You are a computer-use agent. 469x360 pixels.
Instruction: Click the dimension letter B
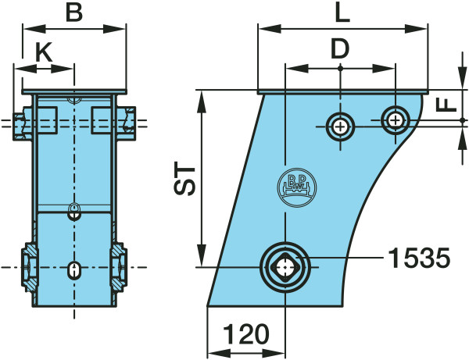pyautogui.click(x=74, y=13)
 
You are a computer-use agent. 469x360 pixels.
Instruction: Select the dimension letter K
pyautogui.click(x=44, y=52)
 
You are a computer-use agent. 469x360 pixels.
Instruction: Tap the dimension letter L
pyautogui.click(x=342, y=13)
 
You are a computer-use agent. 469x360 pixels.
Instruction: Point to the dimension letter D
pyautogui.click(x=340, y=49)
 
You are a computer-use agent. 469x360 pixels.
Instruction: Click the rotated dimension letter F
pyautogui.click(x=446, y=105)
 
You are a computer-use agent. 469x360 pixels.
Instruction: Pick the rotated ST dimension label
pyautogui.click(x=184, y=179)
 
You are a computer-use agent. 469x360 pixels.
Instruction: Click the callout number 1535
pyautogui.click(x=419, y=258)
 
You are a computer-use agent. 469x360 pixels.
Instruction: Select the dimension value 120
pyautogui.click(x=246, y=334)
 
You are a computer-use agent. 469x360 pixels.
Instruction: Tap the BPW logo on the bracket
pyautogui.click(x=297, y=187)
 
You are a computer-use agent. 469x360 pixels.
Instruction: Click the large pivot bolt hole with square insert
pyautogui.click(x=285, y=267)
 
